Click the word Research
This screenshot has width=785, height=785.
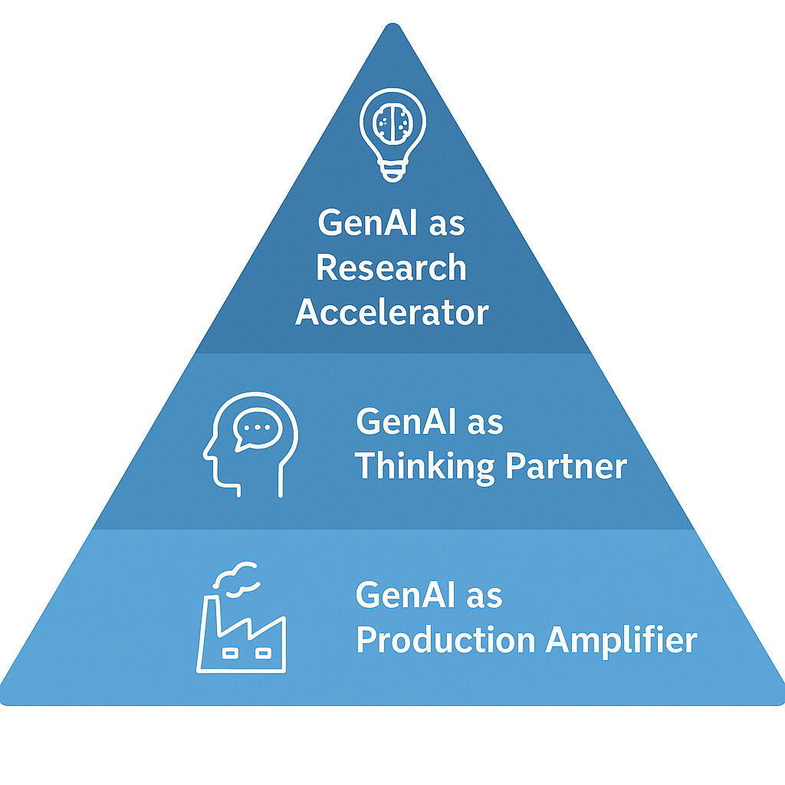391,268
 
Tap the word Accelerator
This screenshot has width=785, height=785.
392,313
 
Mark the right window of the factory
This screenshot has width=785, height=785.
262,653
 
